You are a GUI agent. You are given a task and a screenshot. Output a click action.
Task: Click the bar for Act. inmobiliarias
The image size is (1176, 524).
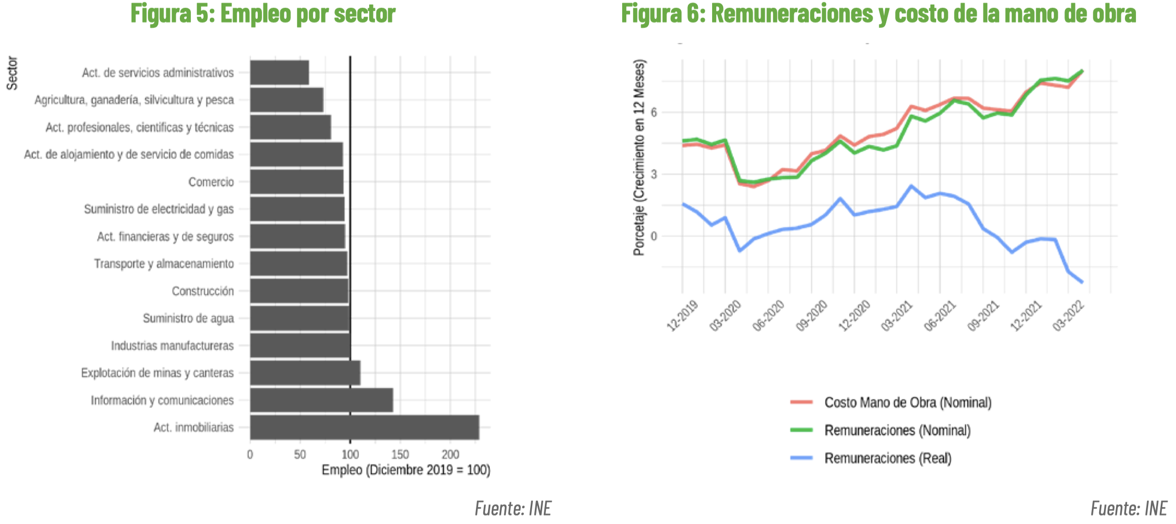tap(364, 427)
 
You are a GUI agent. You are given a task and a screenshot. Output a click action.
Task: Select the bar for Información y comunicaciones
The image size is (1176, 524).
tap(321, 400)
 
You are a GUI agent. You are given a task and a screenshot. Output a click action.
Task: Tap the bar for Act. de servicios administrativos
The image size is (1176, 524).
tap(279, 73)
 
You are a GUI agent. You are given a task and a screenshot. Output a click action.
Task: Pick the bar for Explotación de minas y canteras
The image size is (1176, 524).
tap(305, 372)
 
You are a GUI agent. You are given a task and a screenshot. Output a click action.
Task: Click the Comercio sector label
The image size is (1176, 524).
tap(211, 182)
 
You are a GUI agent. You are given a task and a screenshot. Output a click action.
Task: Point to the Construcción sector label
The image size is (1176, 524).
tap(202, 291)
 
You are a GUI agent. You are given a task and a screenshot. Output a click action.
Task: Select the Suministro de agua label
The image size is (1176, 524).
tap(188, 318)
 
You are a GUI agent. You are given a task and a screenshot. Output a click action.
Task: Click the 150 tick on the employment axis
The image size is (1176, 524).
tap(400, 455)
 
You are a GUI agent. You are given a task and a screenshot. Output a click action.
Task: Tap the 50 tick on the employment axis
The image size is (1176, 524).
tap(300, 455)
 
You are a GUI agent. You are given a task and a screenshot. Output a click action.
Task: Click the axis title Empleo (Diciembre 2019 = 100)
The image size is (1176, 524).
tap(406, 470)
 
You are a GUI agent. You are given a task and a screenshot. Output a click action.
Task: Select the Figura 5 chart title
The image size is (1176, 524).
tap(263, 14)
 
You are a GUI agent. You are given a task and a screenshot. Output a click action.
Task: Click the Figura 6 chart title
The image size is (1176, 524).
tap(878, 14)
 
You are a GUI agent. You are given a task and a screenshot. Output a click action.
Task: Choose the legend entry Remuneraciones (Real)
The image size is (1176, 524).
tap(888, 458)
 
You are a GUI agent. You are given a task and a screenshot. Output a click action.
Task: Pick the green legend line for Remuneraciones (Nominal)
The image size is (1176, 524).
tap(802, 430)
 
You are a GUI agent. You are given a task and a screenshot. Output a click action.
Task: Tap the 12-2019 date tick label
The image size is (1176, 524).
tap(682, 316)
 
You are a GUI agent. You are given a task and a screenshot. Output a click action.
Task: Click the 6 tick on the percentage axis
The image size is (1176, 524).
tap(654, 112)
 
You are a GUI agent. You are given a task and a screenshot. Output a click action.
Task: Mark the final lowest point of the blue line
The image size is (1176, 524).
tap(1082, 282)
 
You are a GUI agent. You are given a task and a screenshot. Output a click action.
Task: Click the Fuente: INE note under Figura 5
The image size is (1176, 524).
tap(513, 508)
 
